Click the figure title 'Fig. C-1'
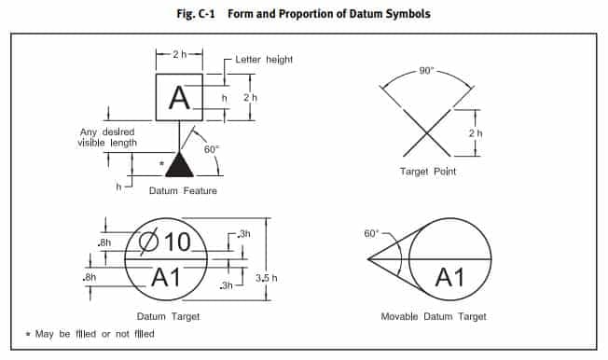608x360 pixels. (196, 14)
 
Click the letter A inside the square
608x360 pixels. (179, 98)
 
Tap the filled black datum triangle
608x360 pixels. (179, 164)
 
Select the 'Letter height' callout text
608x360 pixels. (264, 60)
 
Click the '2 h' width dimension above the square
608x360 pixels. (180, 54)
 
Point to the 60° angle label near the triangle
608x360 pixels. (212, 149)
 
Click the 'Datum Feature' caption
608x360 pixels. (183, 190)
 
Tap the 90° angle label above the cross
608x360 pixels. (426, 71)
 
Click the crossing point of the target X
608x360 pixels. (426, 134)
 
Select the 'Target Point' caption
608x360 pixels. (428, 171)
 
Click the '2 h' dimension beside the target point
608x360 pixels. (476, 133)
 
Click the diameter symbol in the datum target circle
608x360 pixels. (149, 242)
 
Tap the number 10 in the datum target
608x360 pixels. (177, 242)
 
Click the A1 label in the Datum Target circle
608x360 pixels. (166, 277)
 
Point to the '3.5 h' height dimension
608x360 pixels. (267, 278)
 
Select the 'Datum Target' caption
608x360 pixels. (168, 316)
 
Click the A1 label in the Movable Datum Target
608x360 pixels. (449, 277)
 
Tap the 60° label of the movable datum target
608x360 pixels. (371, 233)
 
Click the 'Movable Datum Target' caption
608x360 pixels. (434, 316)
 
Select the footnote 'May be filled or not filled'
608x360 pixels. (94, 334)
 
